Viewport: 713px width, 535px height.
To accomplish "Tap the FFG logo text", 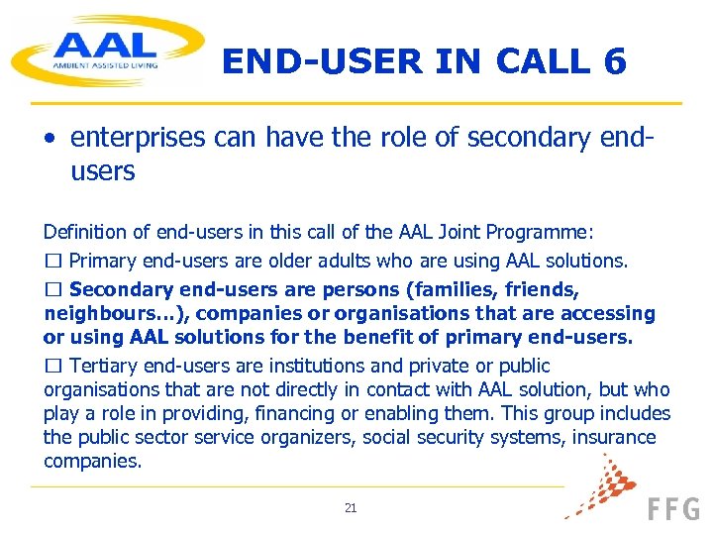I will coord(673,510).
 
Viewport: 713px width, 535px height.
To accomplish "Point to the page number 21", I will coord(351,508).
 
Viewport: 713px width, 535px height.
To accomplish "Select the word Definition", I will coord(85,232).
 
